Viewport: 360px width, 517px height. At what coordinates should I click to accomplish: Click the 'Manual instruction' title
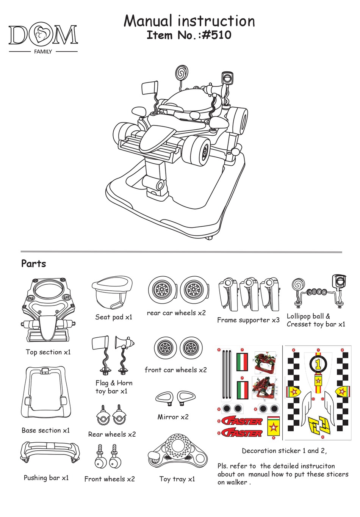coord(189,21)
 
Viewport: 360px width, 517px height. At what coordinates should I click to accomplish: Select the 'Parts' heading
coord(33,264)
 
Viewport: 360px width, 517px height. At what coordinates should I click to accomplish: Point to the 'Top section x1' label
coord(48,352)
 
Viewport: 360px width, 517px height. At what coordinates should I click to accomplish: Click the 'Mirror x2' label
coord(173,417)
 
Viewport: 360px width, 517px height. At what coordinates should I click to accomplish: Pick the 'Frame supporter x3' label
coord(248,320)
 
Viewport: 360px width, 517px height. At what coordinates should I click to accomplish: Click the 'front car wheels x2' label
coord(176,370)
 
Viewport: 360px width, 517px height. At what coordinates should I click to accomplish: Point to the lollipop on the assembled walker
coord(182,71)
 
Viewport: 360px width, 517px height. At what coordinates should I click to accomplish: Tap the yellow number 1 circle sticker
coord(318,364)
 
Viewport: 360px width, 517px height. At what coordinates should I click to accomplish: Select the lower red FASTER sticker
coord(243,432)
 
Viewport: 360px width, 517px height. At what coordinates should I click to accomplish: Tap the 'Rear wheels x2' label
coord(112,434)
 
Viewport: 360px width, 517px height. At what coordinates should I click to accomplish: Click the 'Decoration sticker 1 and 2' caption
coord(284,451)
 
